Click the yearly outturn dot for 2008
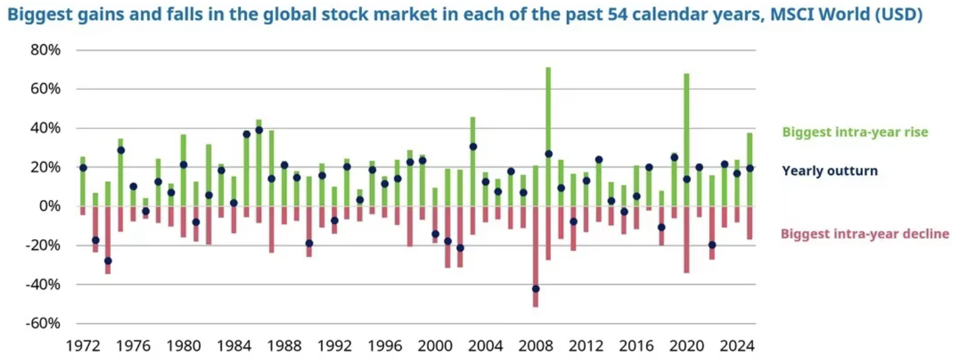[536, 288]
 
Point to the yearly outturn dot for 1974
[108, 261]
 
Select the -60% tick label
[42, 323]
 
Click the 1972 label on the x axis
[82, 344]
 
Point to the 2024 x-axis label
[737, 344]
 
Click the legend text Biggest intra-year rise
[855, 132]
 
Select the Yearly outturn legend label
[830, 171]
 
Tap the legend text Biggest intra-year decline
[865, 234]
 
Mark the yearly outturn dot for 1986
[259, 130]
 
